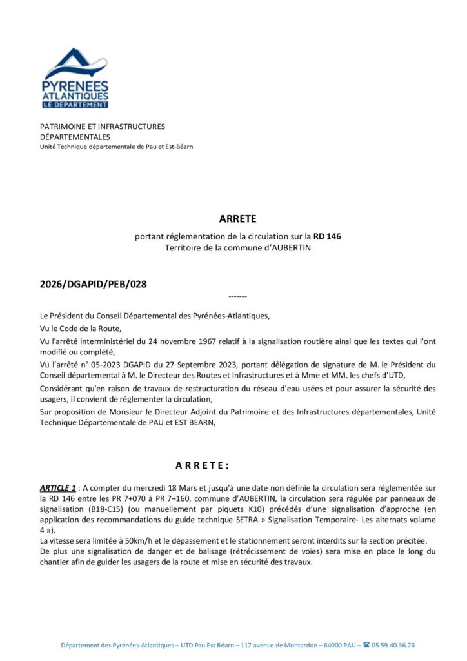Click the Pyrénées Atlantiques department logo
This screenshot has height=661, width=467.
(x=75, y=78)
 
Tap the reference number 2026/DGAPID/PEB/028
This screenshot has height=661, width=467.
(x=88, y=283)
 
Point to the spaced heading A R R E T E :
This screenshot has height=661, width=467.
(x=202, y=465)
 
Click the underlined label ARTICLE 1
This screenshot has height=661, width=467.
(x=58, y=488)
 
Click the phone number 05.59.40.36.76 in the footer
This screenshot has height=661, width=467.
(x=393, y=645)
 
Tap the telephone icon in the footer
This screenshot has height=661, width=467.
(x=366, y=645)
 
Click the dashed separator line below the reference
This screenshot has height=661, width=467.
(x=237, y=296)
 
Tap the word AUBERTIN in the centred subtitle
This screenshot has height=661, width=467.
(x=288, y=248)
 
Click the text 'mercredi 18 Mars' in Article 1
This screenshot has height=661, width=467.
(x=170, y=488)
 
